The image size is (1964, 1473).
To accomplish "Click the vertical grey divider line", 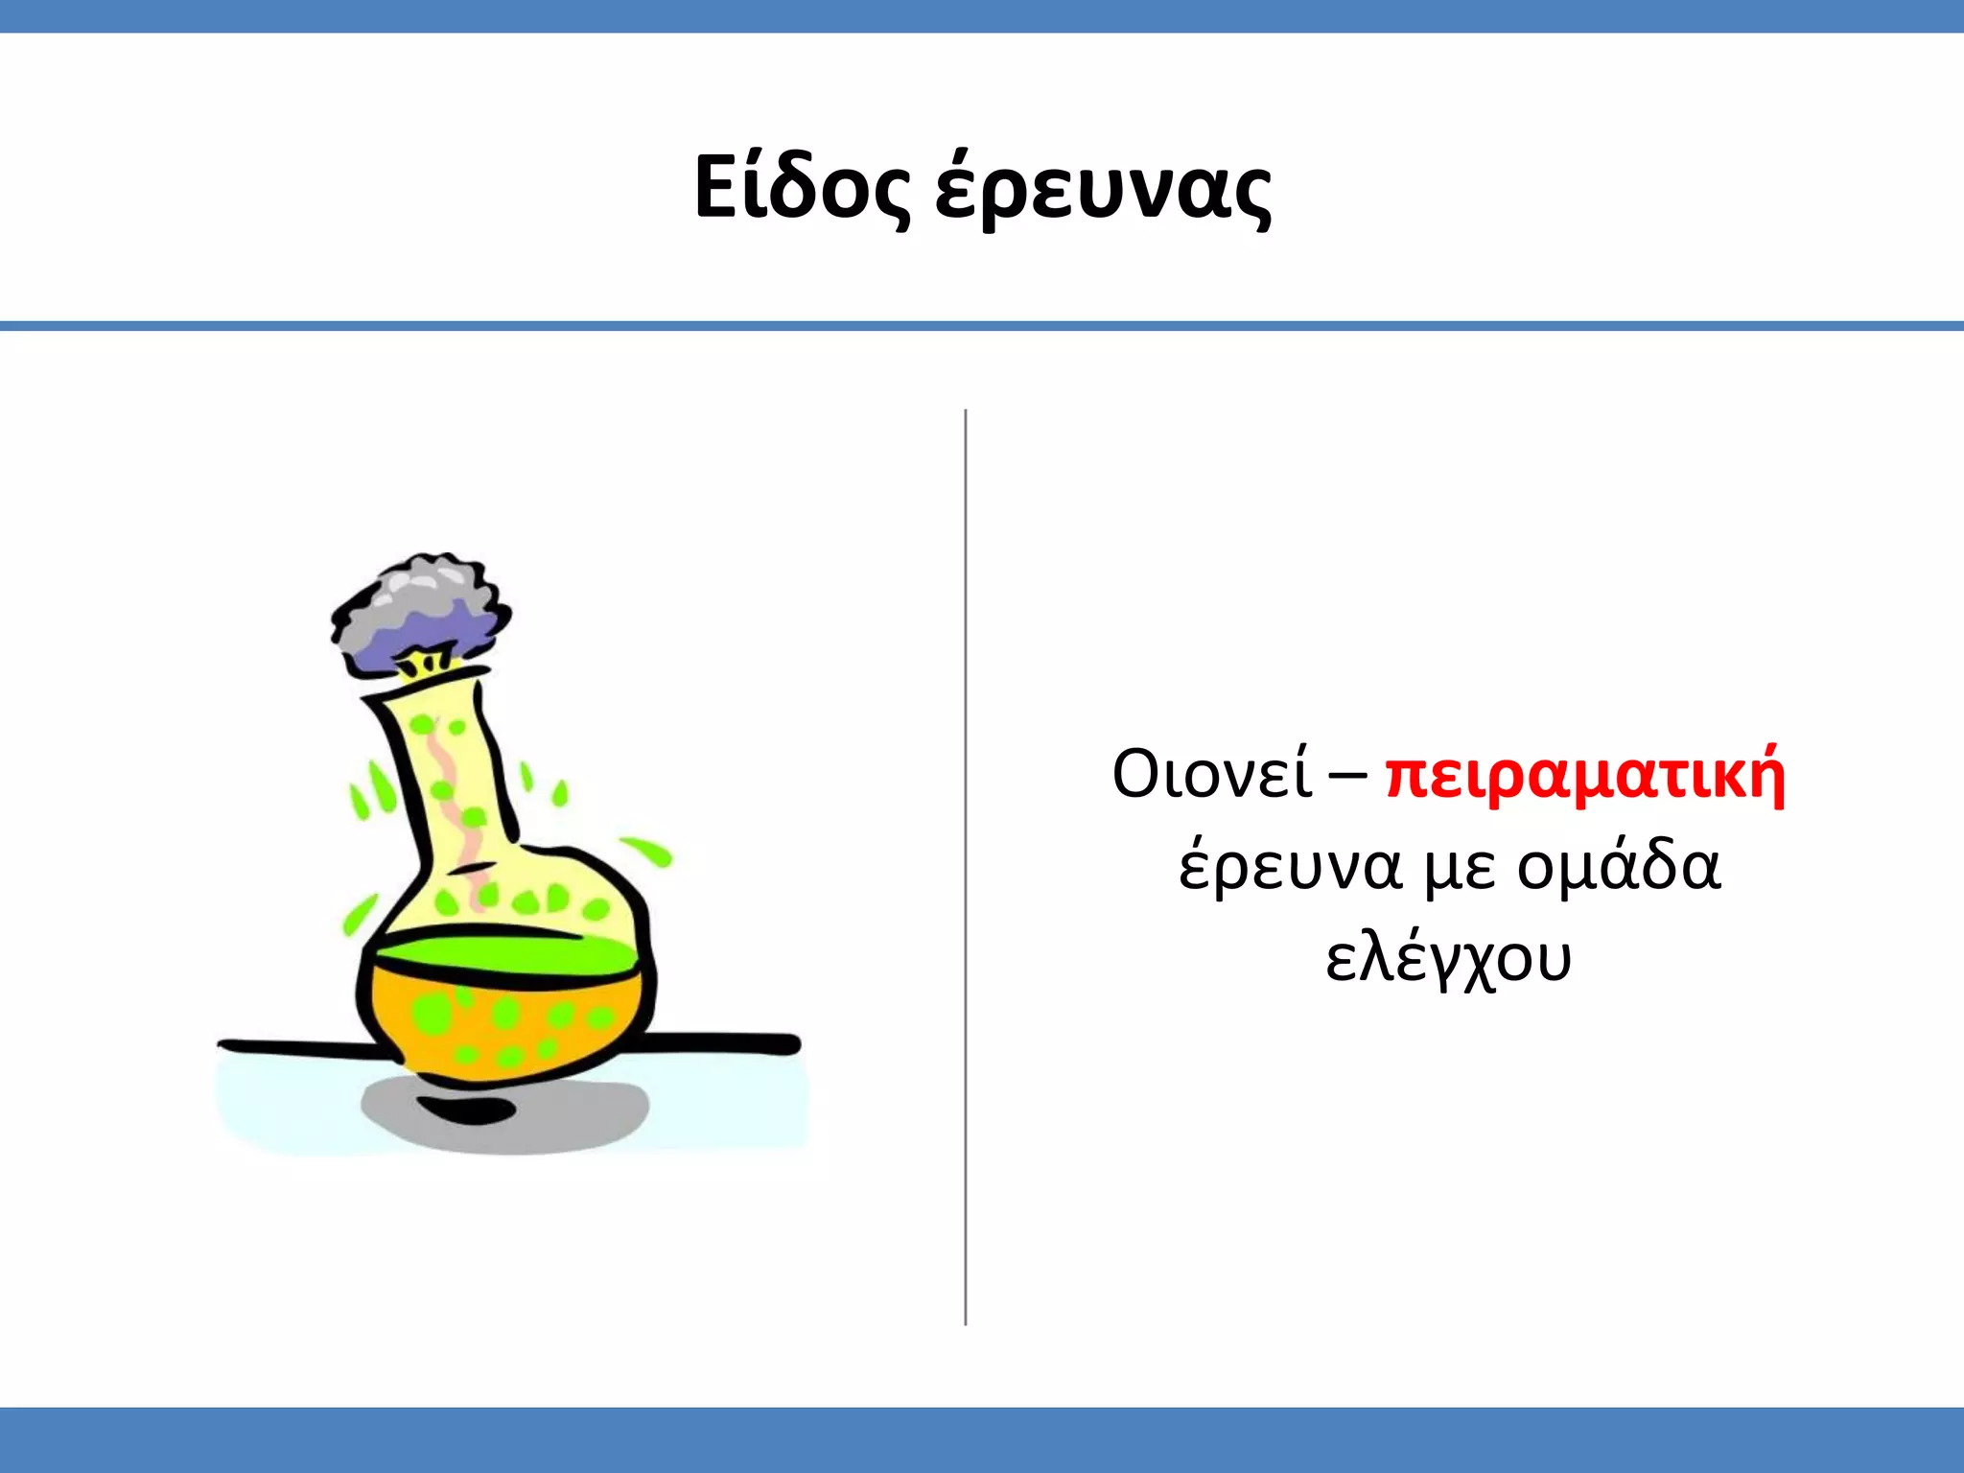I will (965, 863).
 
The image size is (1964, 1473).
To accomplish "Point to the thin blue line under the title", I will (982, 326).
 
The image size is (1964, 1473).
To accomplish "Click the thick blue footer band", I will (982, 1439).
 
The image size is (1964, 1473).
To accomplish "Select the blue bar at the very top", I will (982, 15).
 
